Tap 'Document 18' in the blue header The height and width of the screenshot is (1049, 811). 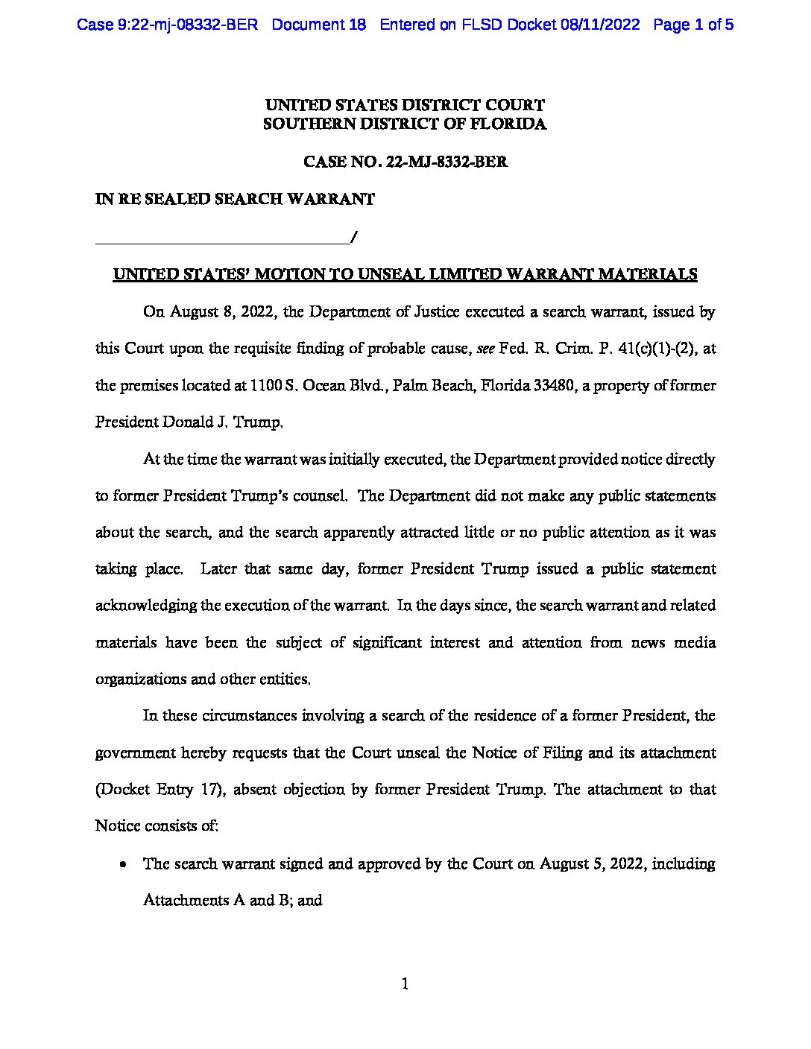click(x=319, y=25)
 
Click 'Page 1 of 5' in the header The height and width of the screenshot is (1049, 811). click(x=693, y=25)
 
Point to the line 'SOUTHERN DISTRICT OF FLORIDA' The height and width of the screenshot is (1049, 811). click(x=405, y=124)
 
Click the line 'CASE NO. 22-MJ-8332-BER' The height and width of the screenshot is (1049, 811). click(x=405, y=162)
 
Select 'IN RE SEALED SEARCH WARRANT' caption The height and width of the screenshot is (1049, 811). click(x=235, y=200)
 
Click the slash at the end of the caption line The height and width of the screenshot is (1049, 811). click(x=353, y=238)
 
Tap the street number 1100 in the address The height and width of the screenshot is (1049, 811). click(x=266, y=386)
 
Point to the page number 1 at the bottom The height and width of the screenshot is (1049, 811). click(x=405, y=985)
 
